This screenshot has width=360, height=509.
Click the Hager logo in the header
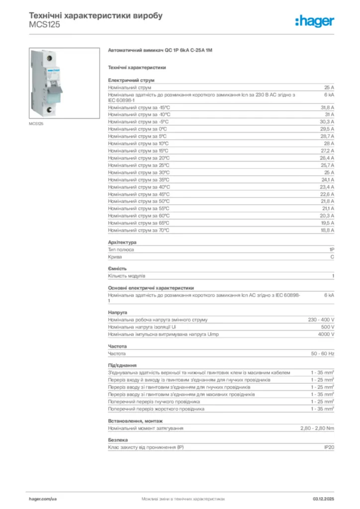[315, 21]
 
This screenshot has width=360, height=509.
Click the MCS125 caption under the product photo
[36, 123]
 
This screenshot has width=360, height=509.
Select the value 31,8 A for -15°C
[327, 107]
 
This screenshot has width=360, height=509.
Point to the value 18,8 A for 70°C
[327, 231]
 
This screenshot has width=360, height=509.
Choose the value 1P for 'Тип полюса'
[331, 250]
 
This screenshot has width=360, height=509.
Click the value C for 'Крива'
[332, 257]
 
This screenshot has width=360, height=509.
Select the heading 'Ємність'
[117, 268]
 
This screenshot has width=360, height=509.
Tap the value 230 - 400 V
[321, 320]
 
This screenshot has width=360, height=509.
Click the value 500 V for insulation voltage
[328, 327]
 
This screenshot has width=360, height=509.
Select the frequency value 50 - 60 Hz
[323, 353]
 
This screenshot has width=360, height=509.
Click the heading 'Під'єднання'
[122, 365]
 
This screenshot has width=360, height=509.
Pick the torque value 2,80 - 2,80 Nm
[317, 428]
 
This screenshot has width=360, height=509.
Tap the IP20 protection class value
[329, 447]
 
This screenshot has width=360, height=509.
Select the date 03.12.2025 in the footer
[324, 498]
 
